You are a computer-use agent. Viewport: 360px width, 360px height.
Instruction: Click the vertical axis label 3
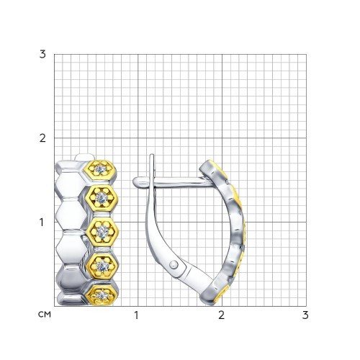(x=42, y=55)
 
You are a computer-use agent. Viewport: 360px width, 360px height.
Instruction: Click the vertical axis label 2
(x=42, y=138)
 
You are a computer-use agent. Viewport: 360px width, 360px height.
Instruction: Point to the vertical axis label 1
(x=42, y=222)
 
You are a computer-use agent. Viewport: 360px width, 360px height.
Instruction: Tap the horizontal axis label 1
(x=136, y=315)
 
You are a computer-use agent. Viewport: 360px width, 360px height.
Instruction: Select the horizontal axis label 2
(x=221, y=315)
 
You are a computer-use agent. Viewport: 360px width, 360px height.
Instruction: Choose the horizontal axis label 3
(x=305, y=315)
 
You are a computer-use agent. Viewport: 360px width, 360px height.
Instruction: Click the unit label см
(x=45, y=315)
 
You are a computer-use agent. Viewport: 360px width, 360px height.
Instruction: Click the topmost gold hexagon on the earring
(x=101, y=170)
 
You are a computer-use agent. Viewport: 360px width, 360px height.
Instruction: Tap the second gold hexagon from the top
(x=102, y=198)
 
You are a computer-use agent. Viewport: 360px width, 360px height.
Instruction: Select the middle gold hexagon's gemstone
(x=102, y=231)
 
